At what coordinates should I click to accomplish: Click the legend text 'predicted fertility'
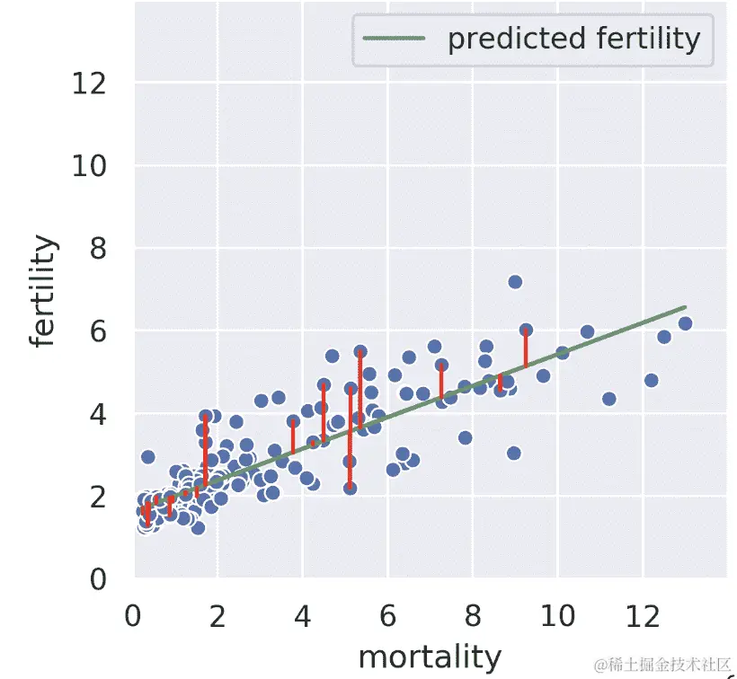click(x=573, y=39)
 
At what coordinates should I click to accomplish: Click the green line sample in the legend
click(x=393, y=39)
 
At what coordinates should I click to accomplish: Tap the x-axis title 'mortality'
click(x=430, y=657)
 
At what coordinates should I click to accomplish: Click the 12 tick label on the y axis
click(x=91, y=84)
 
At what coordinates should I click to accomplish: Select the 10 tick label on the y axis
click(x=91, y=166)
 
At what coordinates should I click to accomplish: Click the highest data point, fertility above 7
click(x=515, y=282)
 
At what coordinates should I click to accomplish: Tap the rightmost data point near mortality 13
click(x=685, y=323)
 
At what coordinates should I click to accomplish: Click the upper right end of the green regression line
click(x=685, y=307)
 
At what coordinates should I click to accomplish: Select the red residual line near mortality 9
click(x=526, y=348)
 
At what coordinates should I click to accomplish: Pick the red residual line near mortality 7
click(x=441, y=382)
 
